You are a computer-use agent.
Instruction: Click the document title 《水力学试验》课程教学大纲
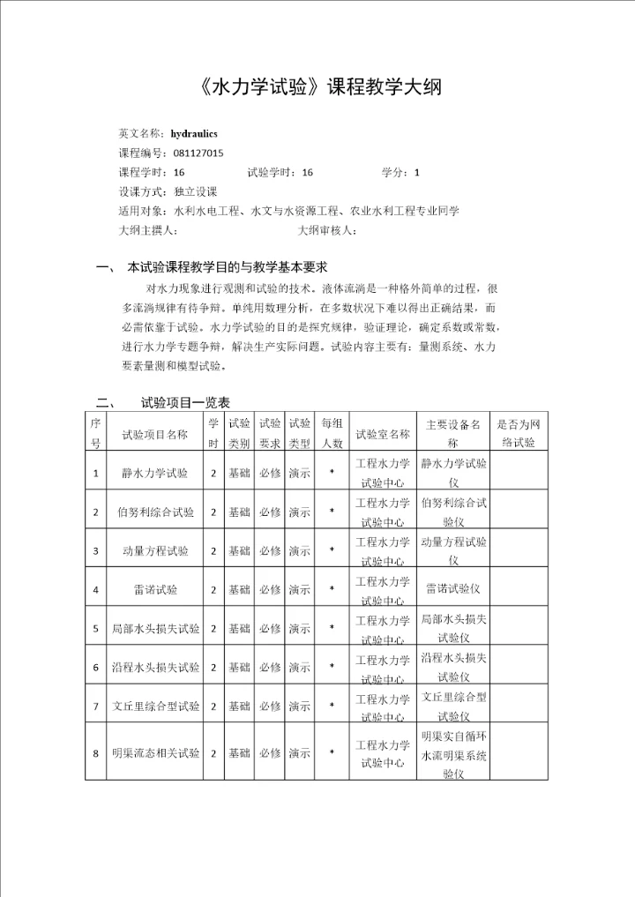click(316, 88)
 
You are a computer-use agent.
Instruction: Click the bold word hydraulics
click(192, 133)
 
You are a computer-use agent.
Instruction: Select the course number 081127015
click(198, 153)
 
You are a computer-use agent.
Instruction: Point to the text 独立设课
click(196, 191)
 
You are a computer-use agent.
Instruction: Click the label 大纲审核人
click(326, 230)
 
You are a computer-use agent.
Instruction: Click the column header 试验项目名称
click(154, 434)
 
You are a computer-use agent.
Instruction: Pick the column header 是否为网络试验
click(518, 433)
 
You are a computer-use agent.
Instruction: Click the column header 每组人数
click(332, 433)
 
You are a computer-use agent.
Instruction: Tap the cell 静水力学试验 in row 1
click(154, 473)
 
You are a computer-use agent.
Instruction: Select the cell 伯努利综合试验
click(154, 512)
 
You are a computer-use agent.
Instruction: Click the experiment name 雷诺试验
click(154, 589)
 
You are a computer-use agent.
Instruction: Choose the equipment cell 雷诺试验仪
click(452, 588)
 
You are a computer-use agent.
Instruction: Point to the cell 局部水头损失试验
click(154, 629)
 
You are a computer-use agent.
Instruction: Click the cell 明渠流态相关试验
click(154, 753)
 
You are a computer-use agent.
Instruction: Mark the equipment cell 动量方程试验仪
click(453, 550)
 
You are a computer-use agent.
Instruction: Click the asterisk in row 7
click(332, 706)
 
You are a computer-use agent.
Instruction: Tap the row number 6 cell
click(95, 668)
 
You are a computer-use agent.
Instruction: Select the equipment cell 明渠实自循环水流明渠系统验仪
click(453, 754)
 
